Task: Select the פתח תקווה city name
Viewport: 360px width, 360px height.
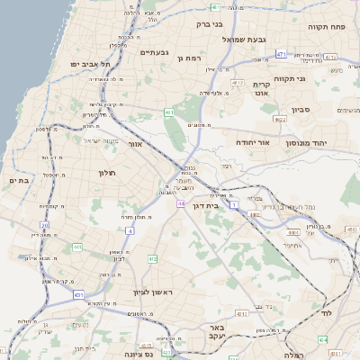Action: (x=327, y=26)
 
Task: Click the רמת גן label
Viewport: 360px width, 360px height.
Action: (x=190, y=58)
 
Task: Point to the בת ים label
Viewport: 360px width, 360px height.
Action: (x=19, y=180)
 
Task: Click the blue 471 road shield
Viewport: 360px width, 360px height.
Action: (x=281, y=55)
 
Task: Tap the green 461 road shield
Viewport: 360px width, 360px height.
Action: (x=169, y=112)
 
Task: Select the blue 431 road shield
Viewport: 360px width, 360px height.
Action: (x=78, y=294)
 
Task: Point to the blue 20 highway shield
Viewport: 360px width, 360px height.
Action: (x=44, y=224)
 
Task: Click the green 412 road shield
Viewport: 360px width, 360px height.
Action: (x=152, y=259)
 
